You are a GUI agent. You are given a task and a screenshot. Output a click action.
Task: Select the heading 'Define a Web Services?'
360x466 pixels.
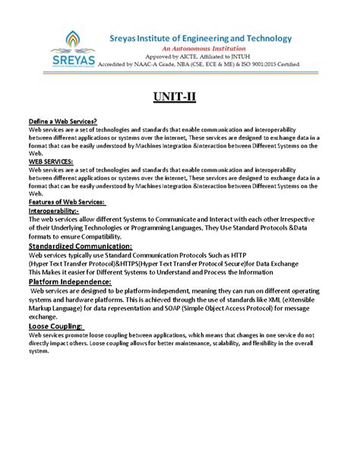tap(59, 122)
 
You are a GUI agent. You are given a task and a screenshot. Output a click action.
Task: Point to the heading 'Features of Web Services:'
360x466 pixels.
tap(66, 201)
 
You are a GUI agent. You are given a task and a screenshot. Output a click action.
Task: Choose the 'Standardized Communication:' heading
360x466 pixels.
tap(80, 247)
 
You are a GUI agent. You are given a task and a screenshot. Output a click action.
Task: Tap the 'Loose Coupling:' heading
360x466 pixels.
tap(55, 325)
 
